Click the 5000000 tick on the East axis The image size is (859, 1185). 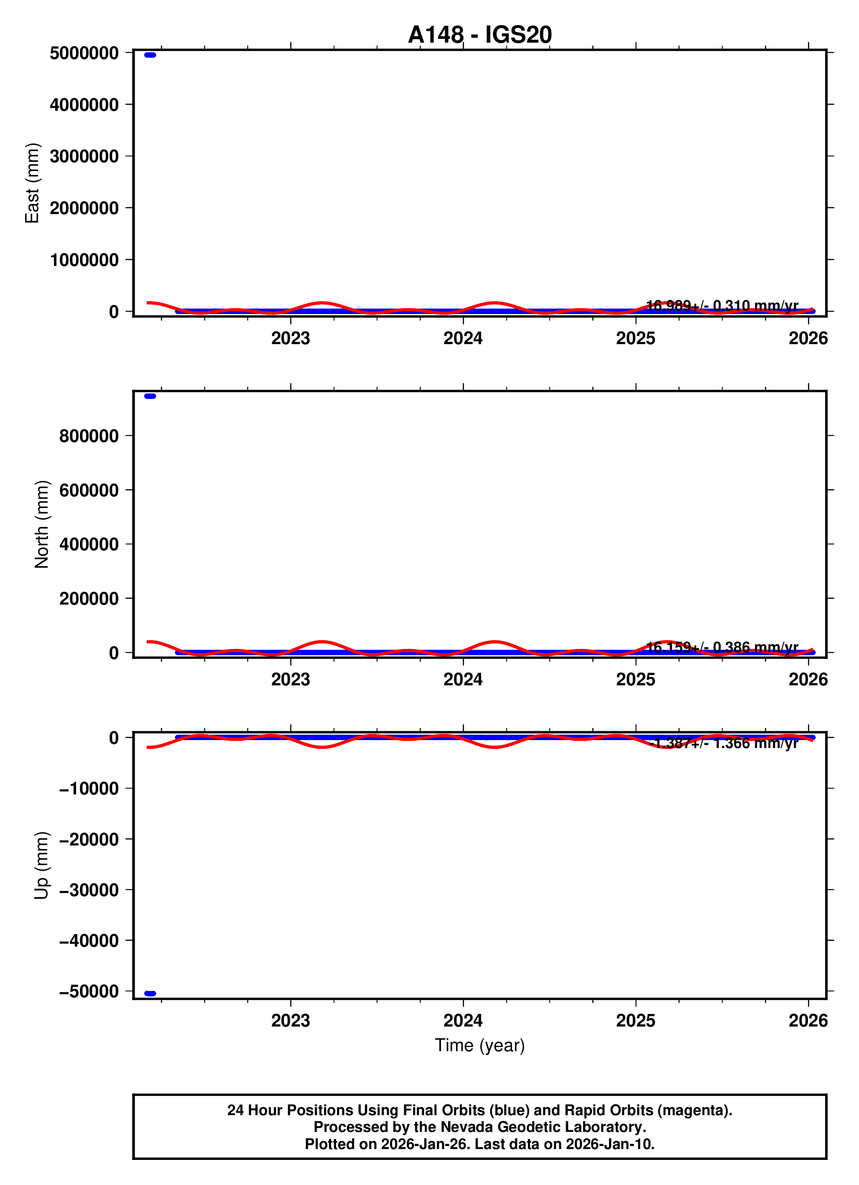click(x=84, y=53)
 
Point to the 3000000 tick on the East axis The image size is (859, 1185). click(x=84, y=156)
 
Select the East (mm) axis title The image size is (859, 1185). click(x=32, y=183)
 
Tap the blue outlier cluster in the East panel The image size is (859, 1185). click(x=150, y=55)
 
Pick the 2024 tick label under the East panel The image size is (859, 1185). click(x=463, y=339)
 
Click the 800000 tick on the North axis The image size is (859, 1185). click(x=89, y=436)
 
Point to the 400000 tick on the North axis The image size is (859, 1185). click(x=89, y=544)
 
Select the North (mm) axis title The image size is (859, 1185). click(x=42, y=524)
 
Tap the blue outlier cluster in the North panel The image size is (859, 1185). click(x=150, y=396)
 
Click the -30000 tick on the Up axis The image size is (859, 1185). click(x=89, y=890)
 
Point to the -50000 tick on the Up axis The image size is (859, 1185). click(x=89, y=991)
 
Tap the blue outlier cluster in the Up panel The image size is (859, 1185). click(x=150, y=993)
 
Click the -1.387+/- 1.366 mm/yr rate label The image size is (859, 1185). click(x=724, y=743)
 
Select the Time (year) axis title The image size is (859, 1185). click(x=479, y=1045)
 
